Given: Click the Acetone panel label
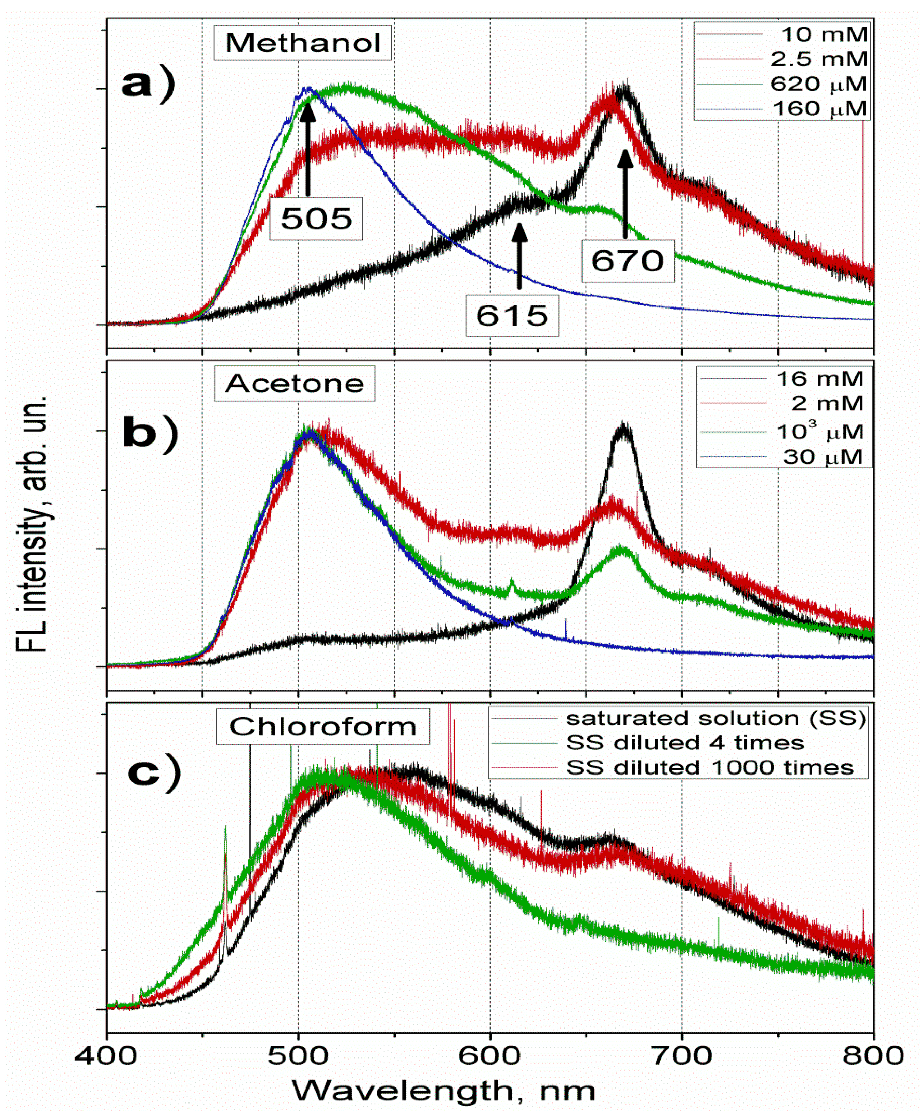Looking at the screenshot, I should (x=294, y=383).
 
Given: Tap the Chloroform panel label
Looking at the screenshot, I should (x=323, y=726).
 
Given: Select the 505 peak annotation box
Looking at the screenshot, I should (x=316, y=218).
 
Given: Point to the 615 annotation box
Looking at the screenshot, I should (x=512, y=316).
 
